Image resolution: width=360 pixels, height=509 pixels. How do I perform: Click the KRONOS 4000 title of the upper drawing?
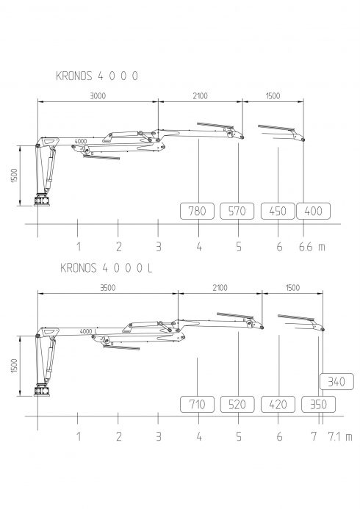pos(97,76)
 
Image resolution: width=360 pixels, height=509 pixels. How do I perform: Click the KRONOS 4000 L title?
pos(106,268)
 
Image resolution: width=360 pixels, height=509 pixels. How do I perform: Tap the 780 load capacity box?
pos(198,211)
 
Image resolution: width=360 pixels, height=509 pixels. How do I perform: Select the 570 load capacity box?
pos(237,211)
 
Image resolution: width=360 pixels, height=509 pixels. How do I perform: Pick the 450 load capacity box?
pos(278,211)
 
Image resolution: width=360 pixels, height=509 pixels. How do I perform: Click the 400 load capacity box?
pos(313,211)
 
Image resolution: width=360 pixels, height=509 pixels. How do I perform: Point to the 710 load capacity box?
pos(198,405)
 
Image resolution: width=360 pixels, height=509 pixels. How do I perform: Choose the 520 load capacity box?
pos(237,405)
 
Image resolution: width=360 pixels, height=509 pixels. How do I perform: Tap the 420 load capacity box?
pos(278,405)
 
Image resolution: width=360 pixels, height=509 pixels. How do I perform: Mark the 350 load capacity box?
pos(318,405)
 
